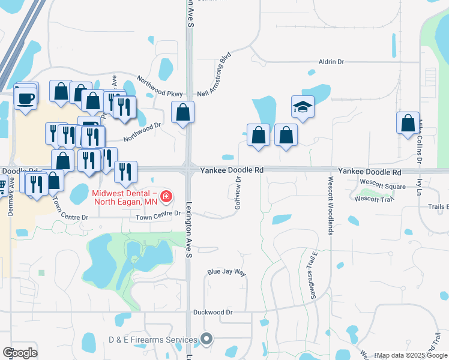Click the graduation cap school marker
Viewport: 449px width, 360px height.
point(303,107)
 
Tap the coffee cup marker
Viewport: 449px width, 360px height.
point(25,97)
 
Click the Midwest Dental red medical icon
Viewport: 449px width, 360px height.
point(165,196)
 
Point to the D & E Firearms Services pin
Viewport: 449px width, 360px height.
point(206,340)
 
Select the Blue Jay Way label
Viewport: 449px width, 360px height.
point(227,272)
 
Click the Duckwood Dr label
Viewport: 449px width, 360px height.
point(212,312)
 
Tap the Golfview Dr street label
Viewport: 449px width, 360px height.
point(238,189)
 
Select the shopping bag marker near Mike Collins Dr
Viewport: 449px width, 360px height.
point(408,122)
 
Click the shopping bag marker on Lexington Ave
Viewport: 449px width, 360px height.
point(182,112)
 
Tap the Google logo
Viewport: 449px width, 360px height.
point(19,353)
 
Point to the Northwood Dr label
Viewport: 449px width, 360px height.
point(143,133)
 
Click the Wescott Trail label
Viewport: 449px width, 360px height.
point(372,198)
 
